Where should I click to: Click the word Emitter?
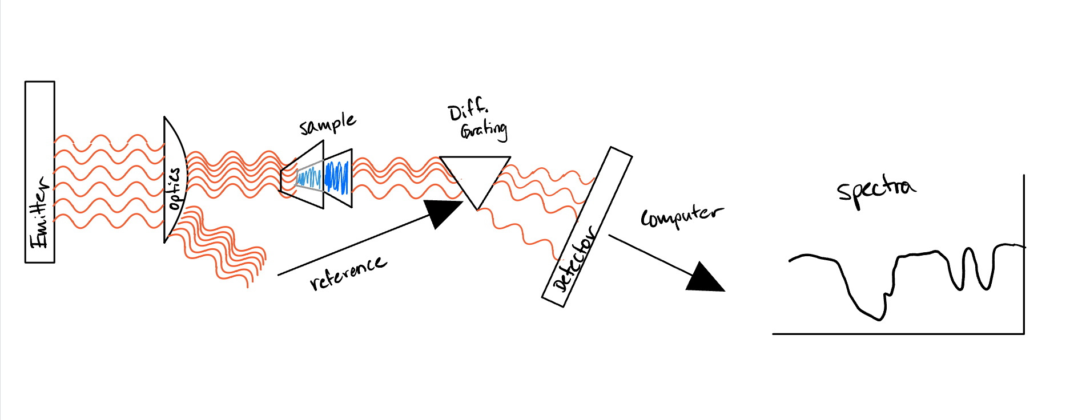39,212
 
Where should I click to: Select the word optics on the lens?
175,188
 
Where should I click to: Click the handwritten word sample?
328,124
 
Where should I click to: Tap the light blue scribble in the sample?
309,179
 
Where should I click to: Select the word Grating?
484,131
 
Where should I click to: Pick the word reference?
348,272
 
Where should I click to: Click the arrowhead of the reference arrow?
443,212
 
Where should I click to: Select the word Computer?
681,216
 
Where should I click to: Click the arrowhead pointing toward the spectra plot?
706,278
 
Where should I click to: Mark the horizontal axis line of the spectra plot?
896,334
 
